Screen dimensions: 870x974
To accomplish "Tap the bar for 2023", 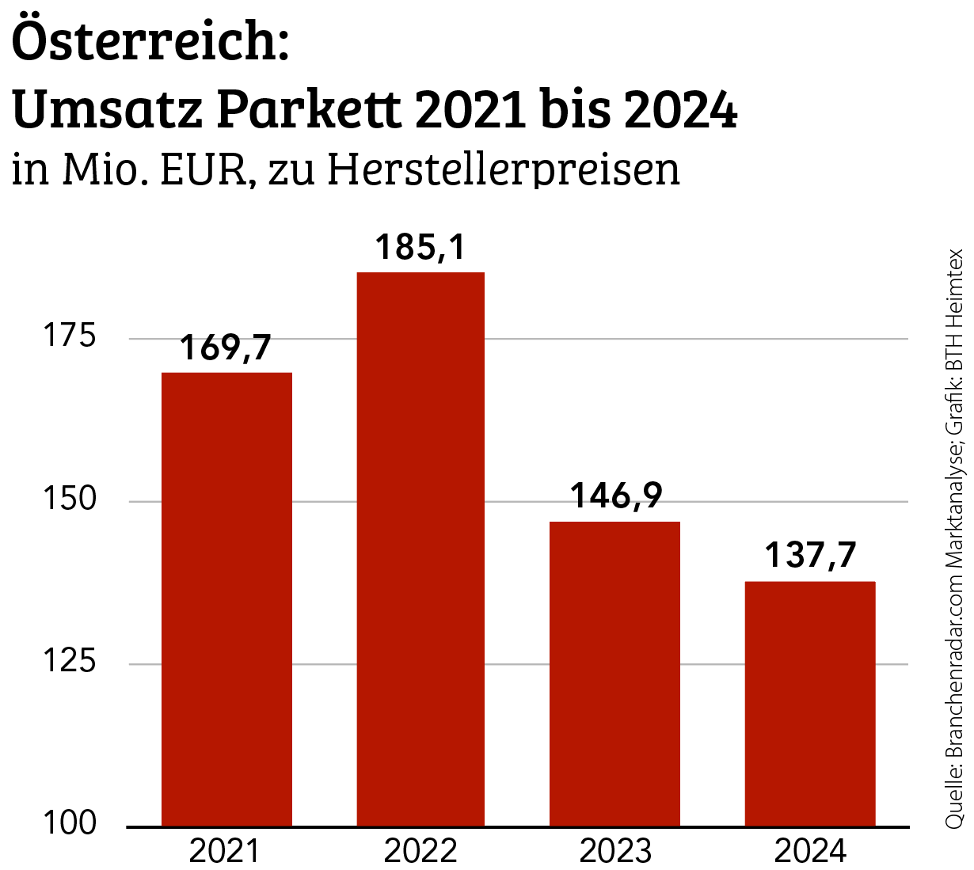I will (x=614, y=674).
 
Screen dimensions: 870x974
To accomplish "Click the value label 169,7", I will (x=226, y=348).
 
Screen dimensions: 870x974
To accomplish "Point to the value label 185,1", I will (x=420, y=247).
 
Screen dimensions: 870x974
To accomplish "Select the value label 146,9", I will (x=616, y=496).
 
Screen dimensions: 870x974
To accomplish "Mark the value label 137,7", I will (x=810, y=555).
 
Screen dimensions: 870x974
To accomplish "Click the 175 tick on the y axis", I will (x=69, y=336).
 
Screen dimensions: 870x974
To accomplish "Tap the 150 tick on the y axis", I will (x=69, y=500).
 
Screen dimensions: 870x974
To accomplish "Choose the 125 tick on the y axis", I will (x=69, y=663).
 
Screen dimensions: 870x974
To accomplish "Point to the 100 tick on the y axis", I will (x=69, y=824).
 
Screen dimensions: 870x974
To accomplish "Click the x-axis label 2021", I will (x=225, y=852).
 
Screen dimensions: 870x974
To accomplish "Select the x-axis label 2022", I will (x=420, y=852).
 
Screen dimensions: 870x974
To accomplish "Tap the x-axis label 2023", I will (x=614, y=852).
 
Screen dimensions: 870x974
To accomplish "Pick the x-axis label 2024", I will (x=809, y=852).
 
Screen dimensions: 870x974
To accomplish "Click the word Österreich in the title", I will (x=150, y=44).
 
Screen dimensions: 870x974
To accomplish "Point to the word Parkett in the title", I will (x=309, y=111).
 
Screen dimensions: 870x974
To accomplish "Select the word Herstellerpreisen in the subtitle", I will (x=503, y=169).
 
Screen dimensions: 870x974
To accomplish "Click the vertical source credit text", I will (x=954, y=538).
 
